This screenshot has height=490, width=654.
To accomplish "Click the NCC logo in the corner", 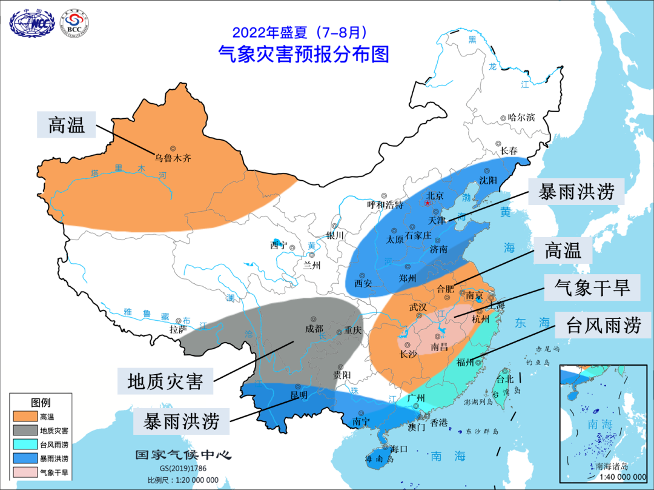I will point(33,23).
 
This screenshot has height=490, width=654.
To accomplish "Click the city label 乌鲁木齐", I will point(173,158).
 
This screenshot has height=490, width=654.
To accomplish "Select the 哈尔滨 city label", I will point(521,118).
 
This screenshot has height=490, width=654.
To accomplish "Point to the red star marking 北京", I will point(428,204).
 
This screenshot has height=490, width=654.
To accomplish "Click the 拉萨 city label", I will point(177,330).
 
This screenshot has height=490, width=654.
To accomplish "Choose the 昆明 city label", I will point(299,395).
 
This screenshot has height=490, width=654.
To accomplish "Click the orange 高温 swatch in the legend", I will point(24,417).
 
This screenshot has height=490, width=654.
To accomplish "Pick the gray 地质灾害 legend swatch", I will point(24,431).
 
